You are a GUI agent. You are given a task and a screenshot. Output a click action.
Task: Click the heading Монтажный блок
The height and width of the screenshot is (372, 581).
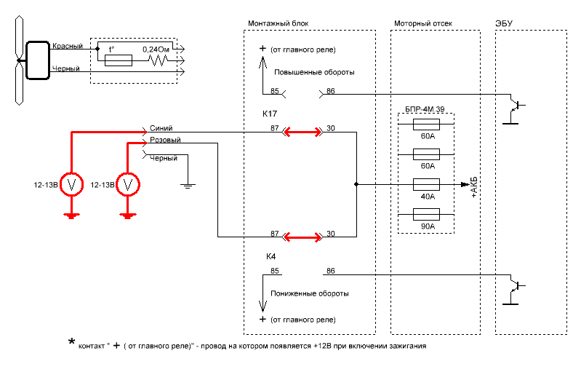pos(279,23)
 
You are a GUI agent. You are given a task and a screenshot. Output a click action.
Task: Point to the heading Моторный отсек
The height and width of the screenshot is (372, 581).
pos(423,23)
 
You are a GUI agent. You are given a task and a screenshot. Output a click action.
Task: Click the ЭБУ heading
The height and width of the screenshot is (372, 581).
pos(504,23)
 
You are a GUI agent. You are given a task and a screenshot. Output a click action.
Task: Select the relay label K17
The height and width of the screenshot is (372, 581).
pos(270,114)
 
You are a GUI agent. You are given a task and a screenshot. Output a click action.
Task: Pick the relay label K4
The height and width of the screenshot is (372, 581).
pos(271,257)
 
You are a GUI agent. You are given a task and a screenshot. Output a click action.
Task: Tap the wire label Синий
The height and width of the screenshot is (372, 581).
pos(161,127)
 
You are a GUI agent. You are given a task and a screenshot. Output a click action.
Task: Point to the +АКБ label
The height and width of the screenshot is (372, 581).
pos(473,187)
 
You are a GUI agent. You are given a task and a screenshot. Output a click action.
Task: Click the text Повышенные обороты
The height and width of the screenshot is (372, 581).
pos(314,73)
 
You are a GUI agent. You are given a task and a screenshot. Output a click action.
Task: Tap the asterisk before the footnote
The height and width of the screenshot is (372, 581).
pos(71,342)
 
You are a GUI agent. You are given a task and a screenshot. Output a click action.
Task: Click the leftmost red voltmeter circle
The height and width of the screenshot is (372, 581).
pos(71,185)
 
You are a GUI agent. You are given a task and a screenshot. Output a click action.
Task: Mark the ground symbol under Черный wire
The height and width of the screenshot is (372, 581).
pos(188,185)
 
